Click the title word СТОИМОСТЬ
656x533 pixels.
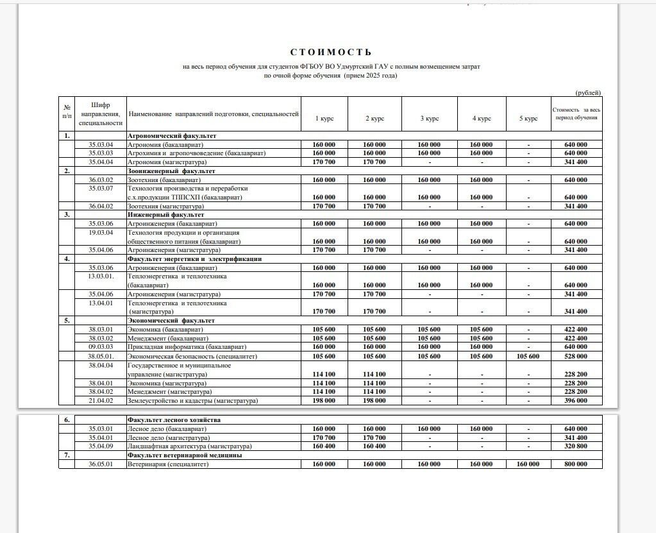point(330,53)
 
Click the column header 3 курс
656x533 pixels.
point(430,119)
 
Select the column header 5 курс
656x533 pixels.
point(528,119)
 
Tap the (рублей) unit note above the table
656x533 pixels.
point(588,93)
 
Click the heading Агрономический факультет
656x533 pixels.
point(172,136)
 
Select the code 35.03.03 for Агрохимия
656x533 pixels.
point(101,153)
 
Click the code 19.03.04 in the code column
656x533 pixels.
point(101,233)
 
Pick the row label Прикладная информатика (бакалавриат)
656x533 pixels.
point(179,347)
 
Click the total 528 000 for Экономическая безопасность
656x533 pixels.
point(576,356)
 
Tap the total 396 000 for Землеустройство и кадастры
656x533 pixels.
point(576,401)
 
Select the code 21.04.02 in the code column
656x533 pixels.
point(101,401)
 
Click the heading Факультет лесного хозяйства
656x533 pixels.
point(174,420)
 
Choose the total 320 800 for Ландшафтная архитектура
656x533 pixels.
point(576,446)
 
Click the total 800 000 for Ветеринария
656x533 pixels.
point(576,464)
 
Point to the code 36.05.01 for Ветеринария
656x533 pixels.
point(101,464)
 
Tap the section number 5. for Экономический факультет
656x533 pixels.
point(66,320)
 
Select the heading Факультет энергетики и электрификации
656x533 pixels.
point(194,259)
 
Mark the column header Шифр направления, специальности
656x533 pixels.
point(101,114)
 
